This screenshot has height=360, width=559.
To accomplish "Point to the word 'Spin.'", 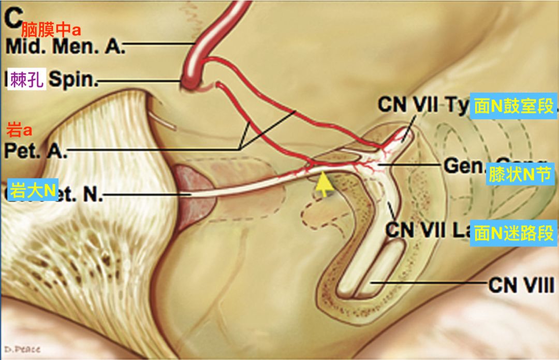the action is click(x=73, y=81).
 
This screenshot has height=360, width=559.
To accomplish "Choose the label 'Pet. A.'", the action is click(x=35, y=151).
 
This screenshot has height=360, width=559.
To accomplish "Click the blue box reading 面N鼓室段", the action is click(x=513, y=107).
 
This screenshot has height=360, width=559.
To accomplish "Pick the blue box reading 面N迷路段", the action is click(x=513, y=233).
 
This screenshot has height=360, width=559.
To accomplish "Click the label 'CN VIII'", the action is click(x=521, y=285).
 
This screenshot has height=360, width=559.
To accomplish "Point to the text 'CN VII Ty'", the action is click(x=423, y=105).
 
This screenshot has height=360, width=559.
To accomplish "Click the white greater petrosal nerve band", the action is click(x=243, y=181).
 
